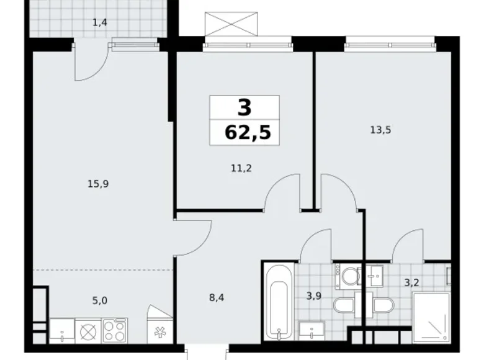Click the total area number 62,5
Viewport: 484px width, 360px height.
coord(244,132)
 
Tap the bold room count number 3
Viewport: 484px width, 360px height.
coord(244,107)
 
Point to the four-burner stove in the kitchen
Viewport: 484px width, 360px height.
coord(115,330)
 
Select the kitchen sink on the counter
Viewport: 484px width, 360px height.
coord(63,330)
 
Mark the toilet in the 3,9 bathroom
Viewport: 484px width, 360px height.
coord(343,305)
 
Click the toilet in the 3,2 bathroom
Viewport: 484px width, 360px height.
coord(382,305)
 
